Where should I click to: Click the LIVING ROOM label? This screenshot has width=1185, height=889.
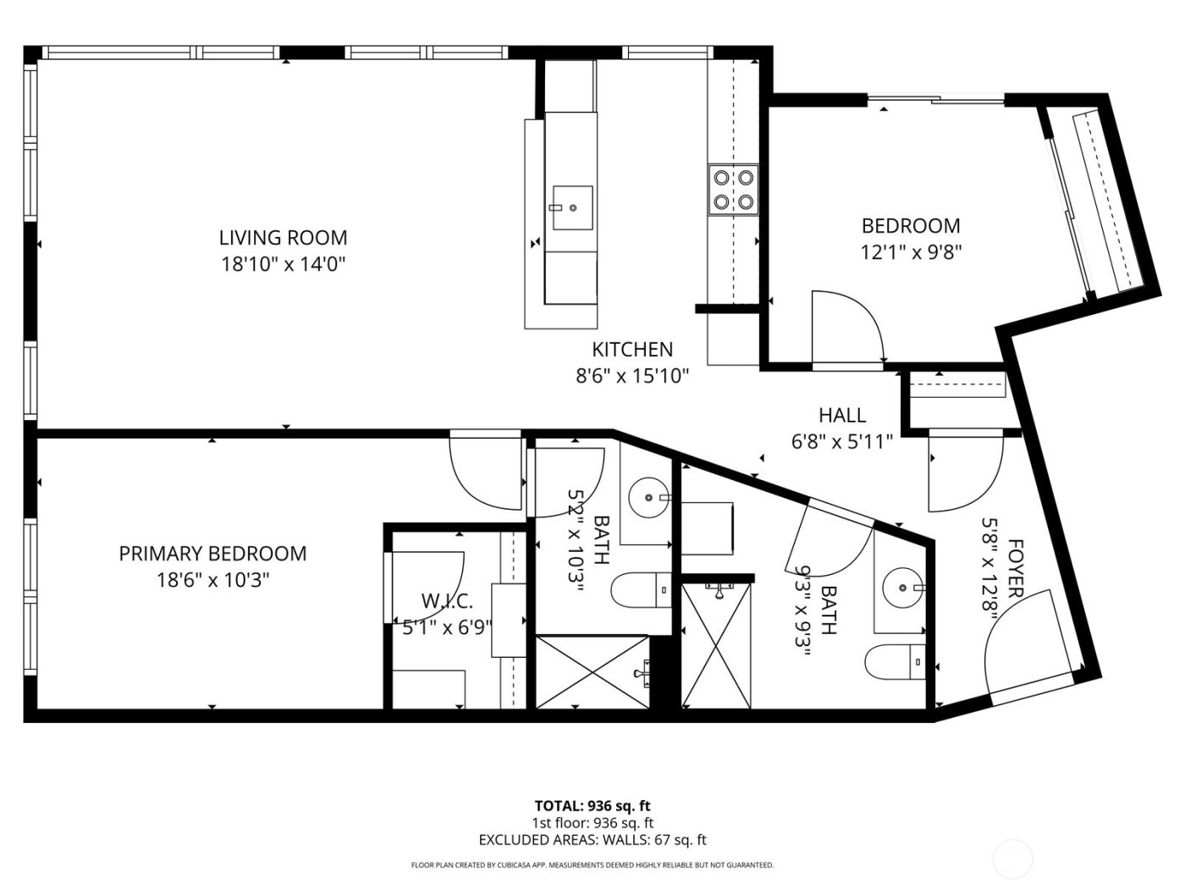[x=283, y=237]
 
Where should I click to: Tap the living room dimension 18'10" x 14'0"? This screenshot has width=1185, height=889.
[x=283, y=264]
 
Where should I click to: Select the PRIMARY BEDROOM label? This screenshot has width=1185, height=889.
[x=212, y=554]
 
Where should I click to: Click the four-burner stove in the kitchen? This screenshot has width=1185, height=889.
[x=733, y=190]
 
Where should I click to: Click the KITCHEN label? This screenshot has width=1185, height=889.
[x=632, y=349]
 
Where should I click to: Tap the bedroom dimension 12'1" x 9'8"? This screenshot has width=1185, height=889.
[x=911, y=252]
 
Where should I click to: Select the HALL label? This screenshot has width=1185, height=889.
[x=842, y=415]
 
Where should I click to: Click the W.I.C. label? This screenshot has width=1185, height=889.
[x=446, y=601]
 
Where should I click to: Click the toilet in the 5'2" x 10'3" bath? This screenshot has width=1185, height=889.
[x=641, y=590]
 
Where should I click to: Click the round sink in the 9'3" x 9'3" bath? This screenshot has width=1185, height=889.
[x=901, y=586]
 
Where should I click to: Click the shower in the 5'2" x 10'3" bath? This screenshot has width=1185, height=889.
[x=592, y=671]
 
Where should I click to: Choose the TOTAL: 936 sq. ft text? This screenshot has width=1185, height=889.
[x=592, y=805]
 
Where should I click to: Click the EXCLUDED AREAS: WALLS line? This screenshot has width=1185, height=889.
[x=592, y=840]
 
